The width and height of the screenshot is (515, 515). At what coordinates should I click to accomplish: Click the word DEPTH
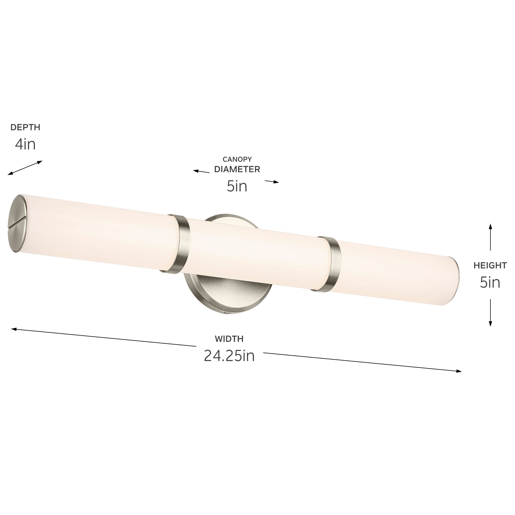[25, 127]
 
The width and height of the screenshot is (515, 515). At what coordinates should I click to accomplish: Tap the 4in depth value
[25, 144]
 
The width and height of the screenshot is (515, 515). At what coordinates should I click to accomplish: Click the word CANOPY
[237, 159]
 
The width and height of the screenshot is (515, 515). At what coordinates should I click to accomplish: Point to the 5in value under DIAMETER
[237, 186]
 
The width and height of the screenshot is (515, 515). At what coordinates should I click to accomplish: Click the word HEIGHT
[490, 265]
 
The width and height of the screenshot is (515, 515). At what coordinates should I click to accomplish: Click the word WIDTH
[229, 339]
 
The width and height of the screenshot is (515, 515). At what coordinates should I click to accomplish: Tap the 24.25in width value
[229, 356]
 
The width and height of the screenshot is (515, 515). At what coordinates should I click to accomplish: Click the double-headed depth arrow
[25, 168]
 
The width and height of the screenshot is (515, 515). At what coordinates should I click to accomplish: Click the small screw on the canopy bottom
[227, 312]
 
